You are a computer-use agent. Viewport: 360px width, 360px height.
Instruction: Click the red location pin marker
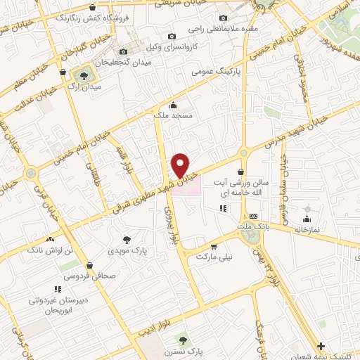click(x=181, y=165)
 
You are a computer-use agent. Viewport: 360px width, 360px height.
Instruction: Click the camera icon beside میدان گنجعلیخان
click(x=124, y=51)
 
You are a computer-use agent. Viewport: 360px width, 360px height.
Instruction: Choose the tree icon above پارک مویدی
click(x=127, y=239)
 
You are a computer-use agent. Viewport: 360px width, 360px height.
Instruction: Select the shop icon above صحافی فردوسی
click(x=91, y=264)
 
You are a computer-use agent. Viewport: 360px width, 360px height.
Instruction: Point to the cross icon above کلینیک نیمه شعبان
click(x=321, y=345)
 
